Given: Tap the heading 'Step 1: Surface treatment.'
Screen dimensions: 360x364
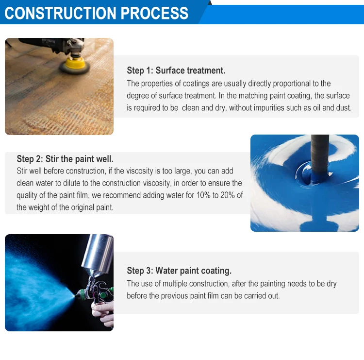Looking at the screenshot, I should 176,70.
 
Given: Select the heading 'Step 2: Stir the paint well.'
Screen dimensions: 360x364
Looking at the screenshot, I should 65,159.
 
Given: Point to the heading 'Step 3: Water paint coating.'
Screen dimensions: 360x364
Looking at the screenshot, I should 179,271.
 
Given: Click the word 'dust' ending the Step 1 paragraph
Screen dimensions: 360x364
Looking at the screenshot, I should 343,108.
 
